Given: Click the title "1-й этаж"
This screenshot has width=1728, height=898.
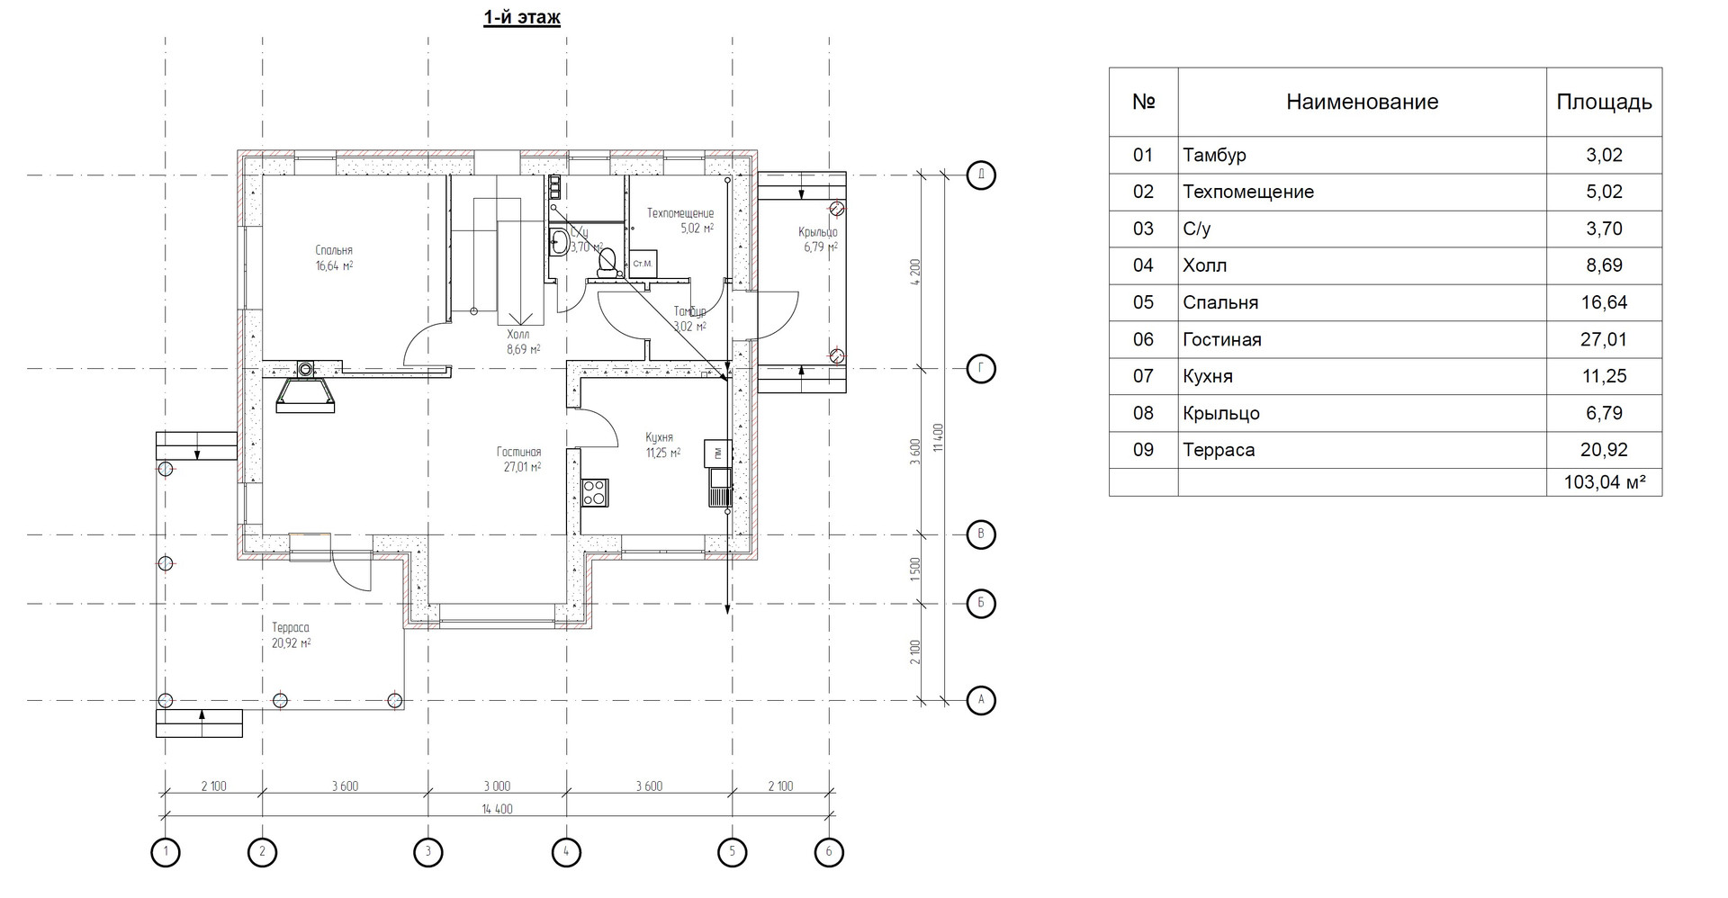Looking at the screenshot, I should click(x=522, y=18).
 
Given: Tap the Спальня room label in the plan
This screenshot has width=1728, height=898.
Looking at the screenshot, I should click(x=334, y=251).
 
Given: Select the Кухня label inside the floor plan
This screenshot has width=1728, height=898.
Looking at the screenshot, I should click(x=659, y=438).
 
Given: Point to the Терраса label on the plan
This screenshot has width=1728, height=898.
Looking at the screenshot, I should click(x=291, y=628).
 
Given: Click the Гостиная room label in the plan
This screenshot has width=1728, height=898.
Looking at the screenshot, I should click(x=518, y=453).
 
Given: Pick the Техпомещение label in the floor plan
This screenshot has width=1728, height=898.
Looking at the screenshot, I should click(x=680, y=214).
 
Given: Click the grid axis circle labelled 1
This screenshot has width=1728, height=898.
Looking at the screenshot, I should click(x=166, y=851).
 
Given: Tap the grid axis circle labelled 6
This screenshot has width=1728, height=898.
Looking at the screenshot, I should click(x=828, y=851).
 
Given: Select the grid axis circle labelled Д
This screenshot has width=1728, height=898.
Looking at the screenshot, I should click(x=981, y=175).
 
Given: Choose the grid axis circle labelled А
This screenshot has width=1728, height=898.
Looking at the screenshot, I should click(x=981, y=699).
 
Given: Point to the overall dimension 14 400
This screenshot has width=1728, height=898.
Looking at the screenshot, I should click(x=497, y=809).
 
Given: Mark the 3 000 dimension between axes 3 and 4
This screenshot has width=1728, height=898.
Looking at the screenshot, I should click(x=496, y=786).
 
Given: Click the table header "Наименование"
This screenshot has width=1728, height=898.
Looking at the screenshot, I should click(x=1362, y=103).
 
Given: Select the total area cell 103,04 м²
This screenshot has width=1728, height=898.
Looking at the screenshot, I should click(x=1604, y=482).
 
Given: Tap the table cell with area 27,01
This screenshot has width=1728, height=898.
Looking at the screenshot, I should click(x=1604, y=339).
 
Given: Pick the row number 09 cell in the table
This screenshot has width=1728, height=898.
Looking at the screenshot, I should click(x=1143, y=450).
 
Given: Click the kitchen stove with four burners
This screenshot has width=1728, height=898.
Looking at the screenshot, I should click(x=595, y=492).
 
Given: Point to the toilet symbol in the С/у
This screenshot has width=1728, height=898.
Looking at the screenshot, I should click(x=607, y=261).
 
